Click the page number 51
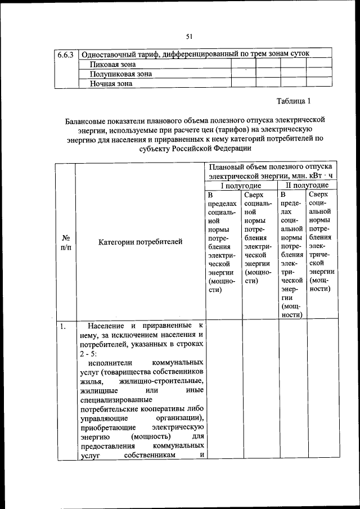coord(190,37)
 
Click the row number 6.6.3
coord(66,55)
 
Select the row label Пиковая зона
coord(112,64)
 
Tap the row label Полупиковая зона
coord(120,74)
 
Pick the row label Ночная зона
coord(111,83)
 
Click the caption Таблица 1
coord(293,102)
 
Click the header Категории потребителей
coord(141,242)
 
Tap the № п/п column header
coord(65,242)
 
